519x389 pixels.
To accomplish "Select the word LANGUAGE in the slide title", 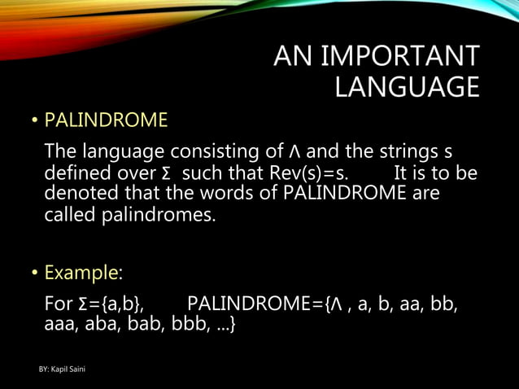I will [407, 87].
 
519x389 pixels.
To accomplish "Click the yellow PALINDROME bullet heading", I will [106, 121].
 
